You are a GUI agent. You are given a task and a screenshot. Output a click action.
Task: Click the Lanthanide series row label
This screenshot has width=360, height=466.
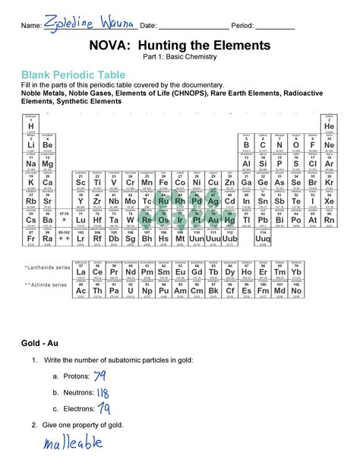pos(45,268)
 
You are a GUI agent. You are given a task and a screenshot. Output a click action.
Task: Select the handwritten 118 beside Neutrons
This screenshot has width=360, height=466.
pos(103,392)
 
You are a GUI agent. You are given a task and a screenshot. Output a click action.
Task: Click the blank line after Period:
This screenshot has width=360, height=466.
pos(275,27)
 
